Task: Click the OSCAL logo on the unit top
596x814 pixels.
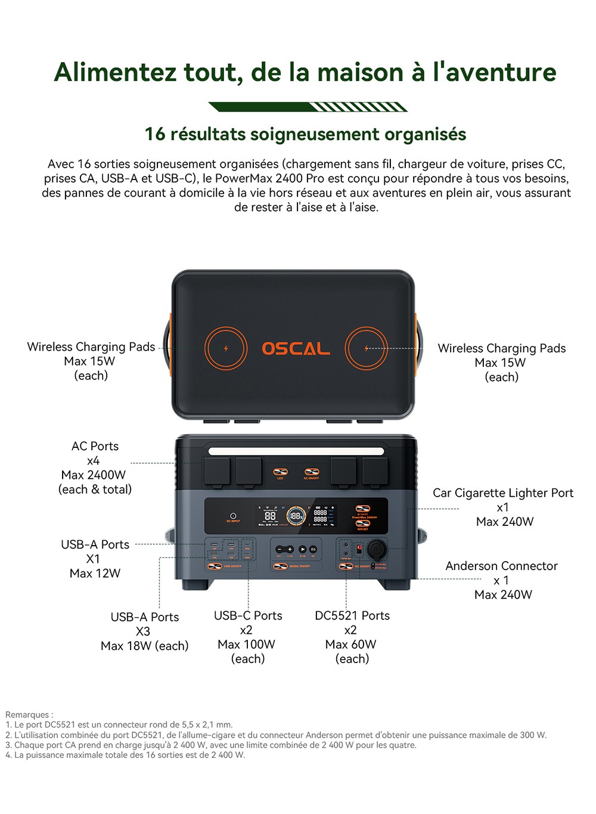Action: [x=296, y=348]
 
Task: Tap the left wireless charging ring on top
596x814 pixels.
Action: [x=226, y=348]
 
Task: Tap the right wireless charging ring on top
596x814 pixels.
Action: [x=367, y=348]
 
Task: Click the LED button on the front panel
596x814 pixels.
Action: [x=280, y=472]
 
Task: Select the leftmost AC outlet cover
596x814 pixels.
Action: [x=217, y=471]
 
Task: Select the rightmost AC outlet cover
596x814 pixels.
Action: [x=375, y=471]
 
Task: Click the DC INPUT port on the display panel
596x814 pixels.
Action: [x=233, y=516]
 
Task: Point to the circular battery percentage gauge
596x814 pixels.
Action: [x=296, y=516]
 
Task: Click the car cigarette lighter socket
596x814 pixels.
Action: [x=375, y=549]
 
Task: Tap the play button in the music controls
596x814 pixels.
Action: [x=302, y=549]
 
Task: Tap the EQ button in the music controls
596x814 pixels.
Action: [x=313, y=549]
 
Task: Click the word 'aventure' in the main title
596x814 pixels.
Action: [x=501, y=72]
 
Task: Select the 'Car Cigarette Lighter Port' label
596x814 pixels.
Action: [x=502, y=493]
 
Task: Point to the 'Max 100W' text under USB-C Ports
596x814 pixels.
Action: [x=246, y=645]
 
